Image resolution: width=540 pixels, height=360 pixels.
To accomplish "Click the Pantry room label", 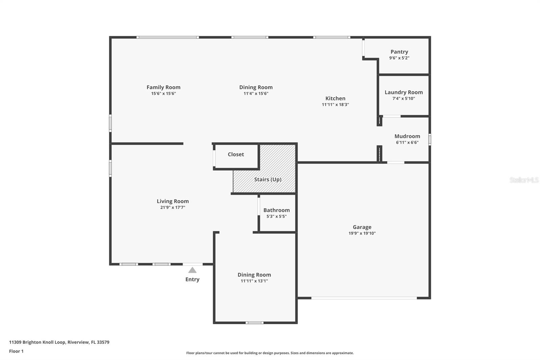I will pyautogui.click(x=399, y=52).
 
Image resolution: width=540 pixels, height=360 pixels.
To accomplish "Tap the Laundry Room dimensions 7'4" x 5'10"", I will pyautogui.click(x=404, y=99).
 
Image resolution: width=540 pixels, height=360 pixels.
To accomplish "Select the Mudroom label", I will pyautogui.click(x=407, y=136).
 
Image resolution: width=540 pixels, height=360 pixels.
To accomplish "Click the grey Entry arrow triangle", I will pyautogui.click(x=192, y=270).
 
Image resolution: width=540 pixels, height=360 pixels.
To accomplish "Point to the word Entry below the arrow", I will pyautogui.click(x=192, y=279).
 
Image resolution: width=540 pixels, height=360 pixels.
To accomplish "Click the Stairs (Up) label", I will pyautogui.click(x=268, y=179).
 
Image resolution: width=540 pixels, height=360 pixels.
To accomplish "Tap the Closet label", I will pyautogui.click(x=236, y=154).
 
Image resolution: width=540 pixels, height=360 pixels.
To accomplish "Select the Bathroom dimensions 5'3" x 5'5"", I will pyautogui.click(x=276, y=216).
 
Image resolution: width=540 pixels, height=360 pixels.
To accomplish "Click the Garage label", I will pyautogui.click(x=362, y=227).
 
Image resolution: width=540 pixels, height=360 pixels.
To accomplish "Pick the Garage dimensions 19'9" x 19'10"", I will pyautogui.click(x=362, y=233).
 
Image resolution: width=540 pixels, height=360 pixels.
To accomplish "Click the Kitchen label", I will pyautogui.click(x=335, y=98).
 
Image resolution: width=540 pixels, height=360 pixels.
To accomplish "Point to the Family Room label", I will pyautogui.click(x=163, y=87).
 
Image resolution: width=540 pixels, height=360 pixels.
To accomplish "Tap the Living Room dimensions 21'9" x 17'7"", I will pyautogui.click(x=172, y=207).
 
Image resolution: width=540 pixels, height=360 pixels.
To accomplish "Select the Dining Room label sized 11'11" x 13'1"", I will pyautogui.click(x=254, y=275).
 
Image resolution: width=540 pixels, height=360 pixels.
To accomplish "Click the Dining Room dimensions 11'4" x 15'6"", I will pyautogui.click(x=256, y=94).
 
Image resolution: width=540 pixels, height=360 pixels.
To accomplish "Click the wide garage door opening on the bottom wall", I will pyautogui.click(x=364, y=298).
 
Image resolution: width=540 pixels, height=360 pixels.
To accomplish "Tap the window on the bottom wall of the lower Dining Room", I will pyautogui.click(x=254, y=323).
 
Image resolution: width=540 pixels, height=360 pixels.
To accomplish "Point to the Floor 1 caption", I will pyautogui.click(x=16, y=351).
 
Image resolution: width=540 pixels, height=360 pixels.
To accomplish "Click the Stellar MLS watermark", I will pyautogui.click(x=524, y=180).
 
